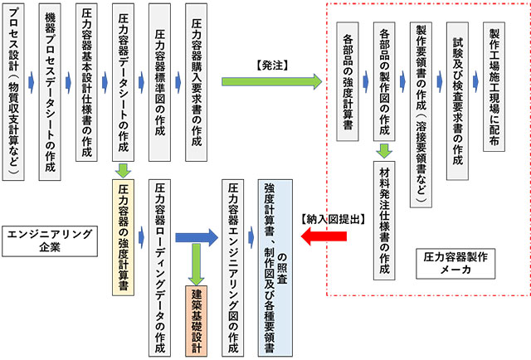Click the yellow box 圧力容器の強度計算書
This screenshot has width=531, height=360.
123,237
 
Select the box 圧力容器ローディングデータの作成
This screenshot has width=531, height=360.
160,266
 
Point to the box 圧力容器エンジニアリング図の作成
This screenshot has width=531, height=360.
233,266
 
